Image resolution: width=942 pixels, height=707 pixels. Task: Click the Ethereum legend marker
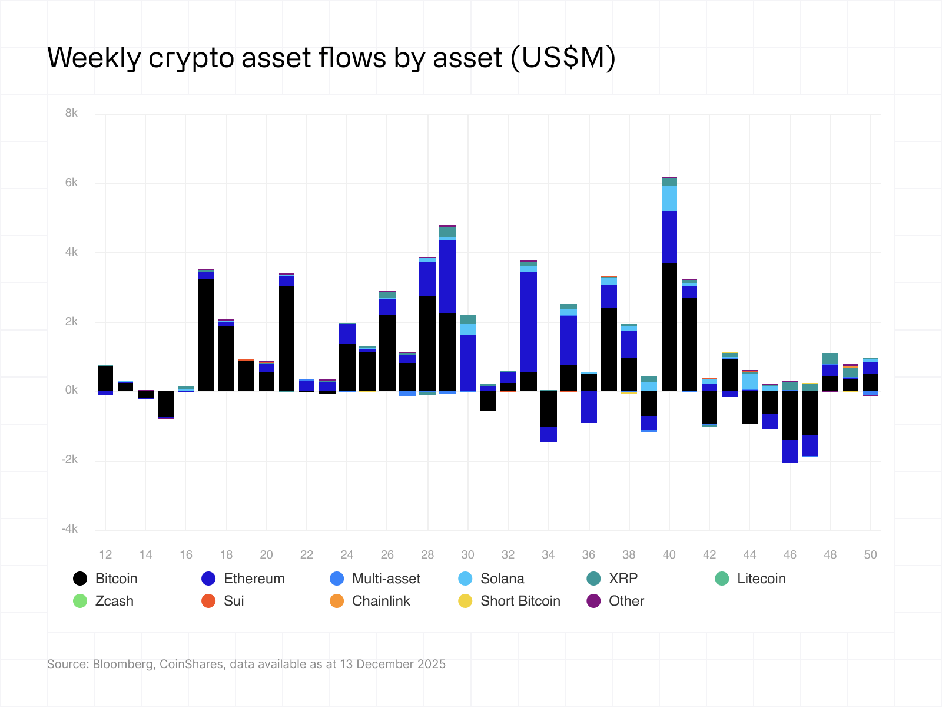[208, 579]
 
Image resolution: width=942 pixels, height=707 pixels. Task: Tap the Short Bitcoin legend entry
[509, 601]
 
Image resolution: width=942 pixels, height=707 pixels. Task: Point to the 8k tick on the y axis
[71, 113]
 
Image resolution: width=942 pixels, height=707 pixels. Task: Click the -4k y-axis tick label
[69, 529]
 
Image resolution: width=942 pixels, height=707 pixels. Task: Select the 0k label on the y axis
[71, 390]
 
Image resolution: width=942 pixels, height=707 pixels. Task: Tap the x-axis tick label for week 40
[669, 554]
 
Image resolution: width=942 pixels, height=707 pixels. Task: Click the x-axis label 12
[105, 554]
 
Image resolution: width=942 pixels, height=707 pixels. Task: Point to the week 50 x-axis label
[870, 554]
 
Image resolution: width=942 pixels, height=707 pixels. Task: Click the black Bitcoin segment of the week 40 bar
[669, 327]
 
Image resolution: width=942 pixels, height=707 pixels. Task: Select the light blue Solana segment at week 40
[669, 199]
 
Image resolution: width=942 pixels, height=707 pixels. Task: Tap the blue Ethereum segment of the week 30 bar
[468, 362]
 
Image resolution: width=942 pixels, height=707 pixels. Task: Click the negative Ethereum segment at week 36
[589, 407]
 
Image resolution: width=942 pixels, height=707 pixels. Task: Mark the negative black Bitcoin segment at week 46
[790, 415]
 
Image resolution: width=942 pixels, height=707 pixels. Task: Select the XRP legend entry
[612, 579]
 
